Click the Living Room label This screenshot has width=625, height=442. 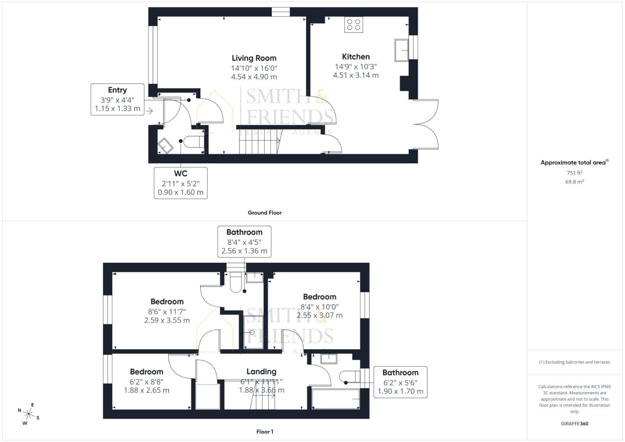[254, 58]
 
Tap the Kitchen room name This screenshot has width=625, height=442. [356, 57]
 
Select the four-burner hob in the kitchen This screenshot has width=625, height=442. [354, 25]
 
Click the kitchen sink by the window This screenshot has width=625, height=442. [401, 50]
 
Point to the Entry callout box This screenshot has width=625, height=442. [117, 99]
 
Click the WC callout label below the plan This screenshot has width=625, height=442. [181, 183]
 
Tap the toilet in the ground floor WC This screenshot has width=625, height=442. [194, 142]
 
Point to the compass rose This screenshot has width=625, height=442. [29, 414]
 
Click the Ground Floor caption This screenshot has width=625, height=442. [264, 213]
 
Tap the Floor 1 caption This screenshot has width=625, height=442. [265, 432]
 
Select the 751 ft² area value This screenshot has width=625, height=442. [575, 173]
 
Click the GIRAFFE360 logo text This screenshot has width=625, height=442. [574, 424]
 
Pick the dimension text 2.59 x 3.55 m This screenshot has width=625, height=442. [167, 320]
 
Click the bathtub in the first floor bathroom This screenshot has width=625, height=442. [336, 399]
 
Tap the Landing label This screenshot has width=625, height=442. [261, 372]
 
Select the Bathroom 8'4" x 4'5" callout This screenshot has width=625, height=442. [244, 241]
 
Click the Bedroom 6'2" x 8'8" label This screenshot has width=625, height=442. [147, 372]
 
